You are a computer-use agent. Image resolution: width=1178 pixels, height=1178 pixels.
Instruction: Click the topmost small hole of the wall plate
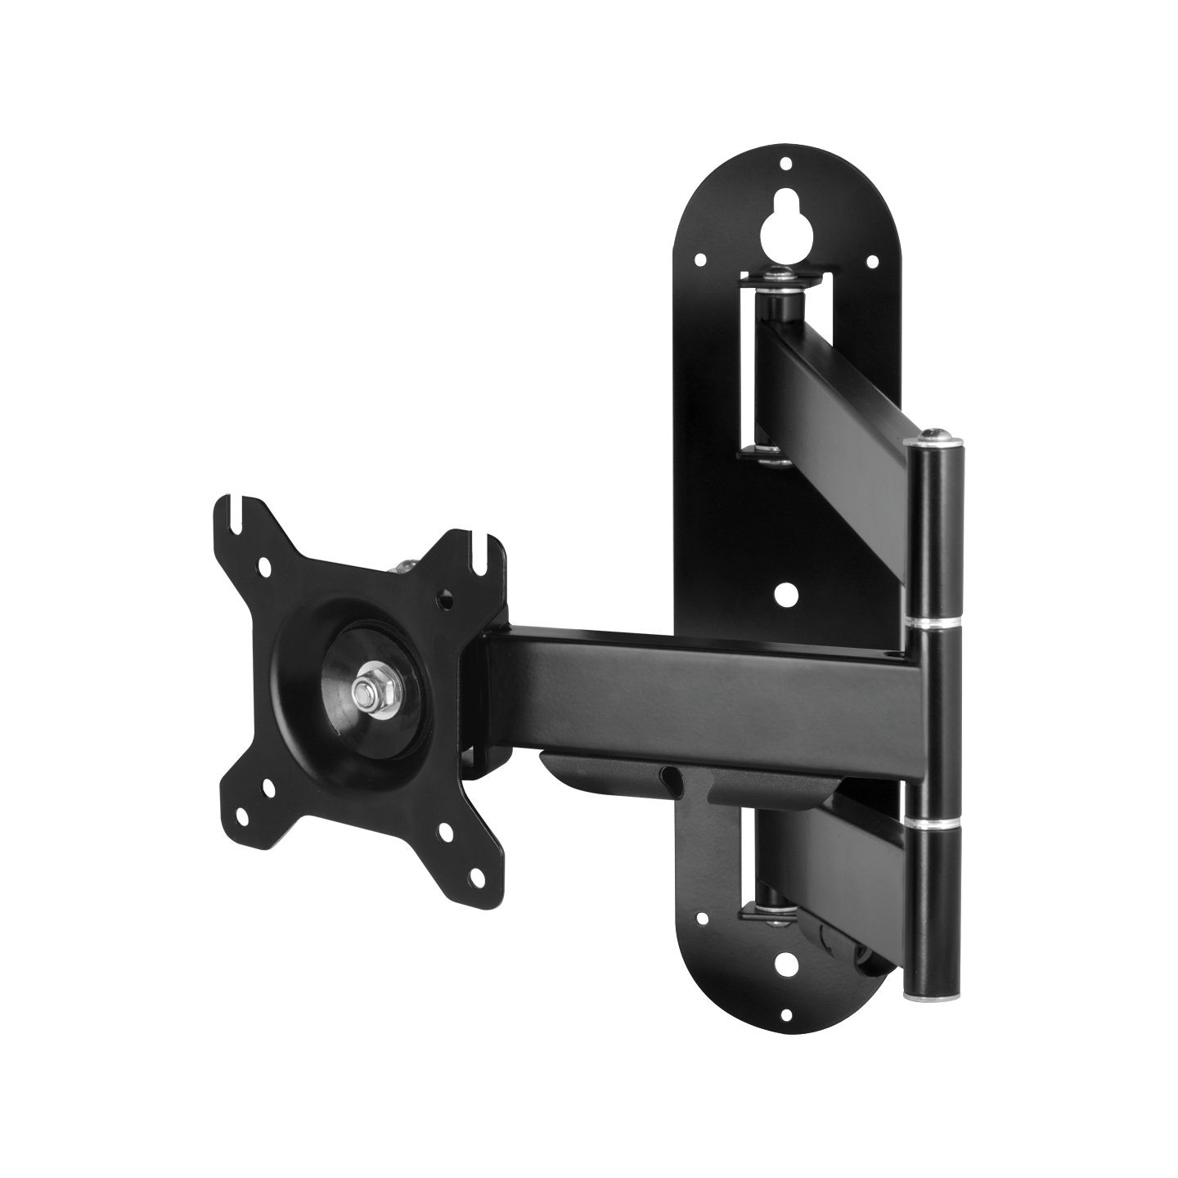[x=786, y=164]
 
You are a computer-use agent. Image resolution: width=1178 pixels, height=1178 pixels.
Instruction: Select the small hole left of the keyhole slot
[x=701, y=261]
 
